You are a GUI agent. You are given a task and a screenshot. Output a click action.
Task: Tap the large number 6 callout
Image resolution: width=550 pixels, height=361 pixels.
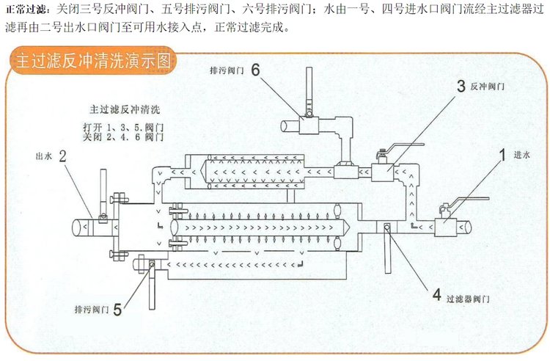(x=255, y=70)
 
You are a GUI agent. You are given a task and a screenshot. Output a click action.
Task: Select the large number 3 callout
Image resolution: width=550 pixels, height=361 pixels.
(x=461, y=86)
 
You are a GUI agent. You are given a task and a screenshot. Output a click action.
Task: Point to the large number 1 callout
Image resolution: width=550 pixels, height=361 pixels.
(x=503, y=155)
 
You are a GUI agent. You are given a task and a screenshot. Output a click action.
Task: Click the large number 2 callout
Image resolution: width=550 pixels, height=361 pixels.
(x=63, y=156)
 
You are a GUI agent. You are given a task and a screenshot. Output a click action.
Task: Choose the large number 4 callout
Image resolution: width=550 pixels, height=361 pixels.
(x=437, y=296)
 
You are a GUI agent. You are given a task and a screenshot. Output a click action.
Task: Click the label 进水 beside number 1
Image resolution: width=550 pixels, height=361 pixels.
(x=521, y=155)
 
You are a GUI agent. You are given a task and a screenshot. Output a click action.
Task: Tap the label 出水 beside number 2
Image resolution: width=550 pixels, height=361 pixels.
(x=43, y=156)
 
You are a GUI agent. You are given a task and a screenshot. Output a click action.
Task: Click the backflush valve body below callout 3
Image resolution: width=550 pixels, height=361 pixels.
(x=381, y=173)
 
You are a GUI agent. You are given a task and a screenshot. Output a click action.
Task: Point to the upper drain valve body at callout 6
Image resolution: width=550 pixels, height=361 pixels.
(x=308, y=125)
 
